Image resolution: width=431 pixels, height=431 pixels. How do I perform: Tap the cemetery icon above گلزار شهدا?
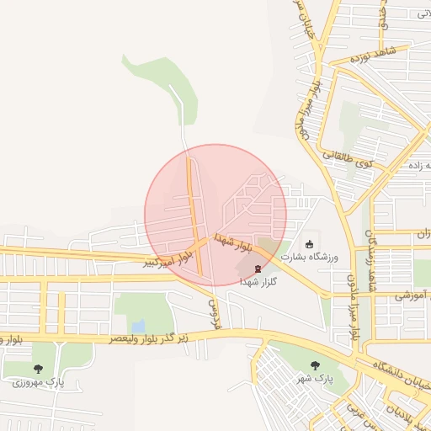[x=258, y=269]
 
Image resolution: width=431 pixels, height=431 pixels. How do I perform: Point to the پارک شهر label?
[x=317, y=379]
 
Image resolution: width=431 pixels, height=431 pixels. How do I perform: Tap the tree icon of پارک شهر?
[x=315, y=365]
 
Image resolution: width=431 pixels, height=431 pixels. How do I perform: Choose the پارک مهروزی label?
[x=38, y=382]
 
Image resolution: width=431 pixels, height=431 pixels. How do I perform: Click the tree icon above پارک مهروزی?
[x=38, y=369]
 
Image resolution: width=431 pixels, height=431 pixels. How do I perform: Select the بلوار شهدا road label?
[x=232, y=243]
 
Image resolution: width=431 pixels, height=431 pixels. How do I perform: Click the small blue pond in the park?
[x=138, y=325]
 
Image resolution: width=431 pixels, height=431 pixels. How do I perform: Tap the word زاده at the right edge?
[x=418, y=165]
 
